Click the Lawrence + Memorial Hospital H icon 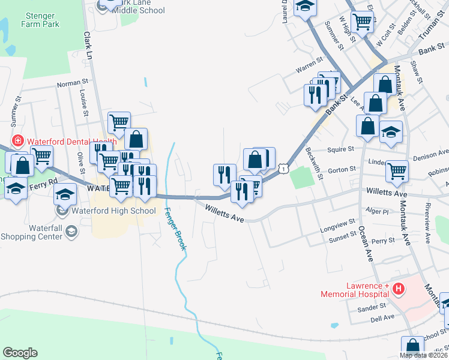coord(398,290)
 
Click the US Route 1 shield coord(282,170)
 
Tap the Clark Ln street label coord(88,46)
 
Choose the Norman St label coord(73,83)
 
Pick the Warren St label coord(306,69)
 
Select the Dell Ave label coord(381,317)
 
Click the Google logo coord(20,353)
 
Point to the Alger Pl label coord(378,212)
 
